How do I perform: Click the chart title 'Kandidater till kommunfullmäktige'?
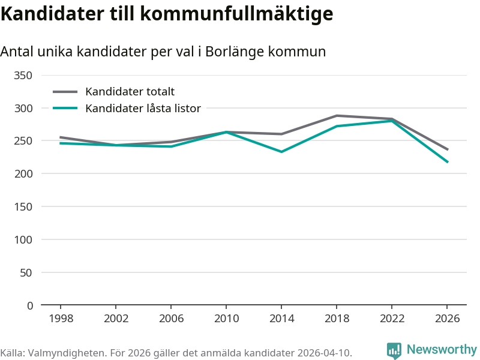pyautogui.click(x=166, y=14)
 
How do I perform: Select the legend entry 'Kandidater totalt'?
pyautogui.click(x=130, y=92)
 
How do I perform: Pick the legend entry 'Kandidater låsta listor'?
pyautogui.click(x=143, y=109)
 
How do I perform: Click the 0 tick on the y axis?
pyautogui.click(x=29, y=305)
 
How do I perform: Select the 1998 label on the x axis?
pyautogui.click(x=61, y=319)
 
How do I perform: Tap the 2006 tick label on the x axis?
pyautogui.click(x=171, y=319)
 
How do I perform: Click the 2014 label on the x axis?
pyautogui.click(x=281, y=319)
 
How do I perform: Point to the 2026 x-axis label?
pyautogui.click(x=447, y=319)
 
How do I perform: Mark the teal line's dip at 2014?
pyautogui.click(x=281, y=152)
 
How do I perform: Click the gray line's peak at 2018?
pyautogui.click(x=337, y=115)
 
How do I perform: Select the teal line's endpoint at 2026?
pyautogui.click(x=447, y=162)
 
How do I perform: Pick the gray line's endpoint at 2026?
pyautogui.click(x=447, y=149)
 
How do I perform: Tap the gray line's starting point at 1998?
pyautogui.click(x=61, y=137)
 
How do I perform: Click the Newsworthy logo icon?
pyautogui.click(x=394, y=350)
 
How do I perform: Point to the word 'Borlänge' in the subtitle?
pyautogui.click(x=231, y=52)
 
